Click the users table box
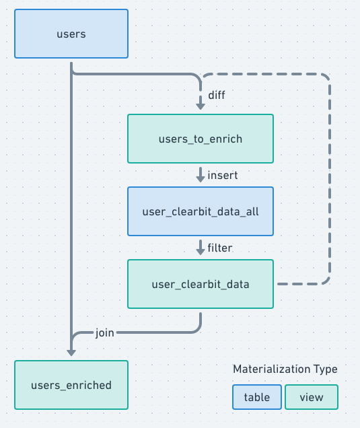coord(71,34)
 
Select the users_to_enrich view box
coord(201,139)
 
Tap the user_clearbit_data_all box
coord(201,211)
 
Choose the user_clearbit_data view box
coord(201,284)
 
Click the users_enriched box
coord(71,385)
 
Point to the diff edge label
coord(216,95)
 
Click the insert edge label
coord(222,176)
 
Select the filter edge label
coord(220,248)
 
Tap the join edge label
coord(104,332)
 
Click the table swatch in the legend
coord(257,397)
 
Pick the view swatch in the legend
coord(312,397)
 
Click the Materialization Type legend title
coord(285,369)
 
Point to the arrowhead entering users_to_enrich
coord(201,105)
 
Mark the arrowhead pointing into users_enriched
coord(71,351)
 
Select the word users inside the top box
coord(71,34)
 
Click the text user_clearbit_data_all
coord(201,211)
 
